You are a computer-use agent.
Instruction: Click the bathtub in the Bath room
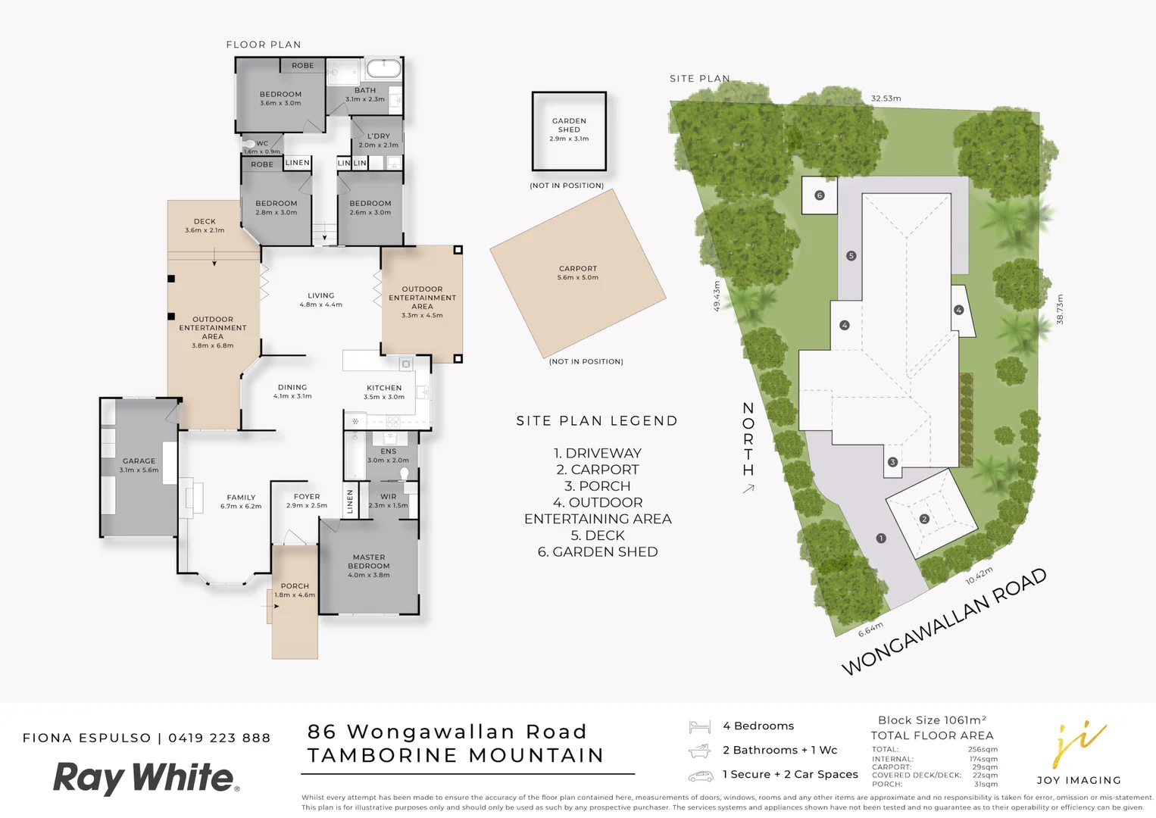click(383, 70)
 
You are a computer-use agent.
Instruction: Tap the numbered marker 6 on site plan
click(819, 195)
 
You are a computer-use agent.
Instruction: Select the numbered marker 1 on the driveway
click(880, 539)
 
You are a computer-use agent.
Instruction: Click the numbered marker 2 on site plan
click(924, 519)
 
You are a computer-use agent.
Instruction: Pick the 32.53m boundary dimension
click(886, 98)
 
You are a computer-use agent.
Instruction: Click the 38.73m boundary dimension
click(1060, 309)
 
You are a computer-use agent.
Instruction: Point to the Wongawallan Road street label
click(944, 621)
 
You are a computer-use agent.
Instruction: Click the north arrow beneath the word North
click(748, 489)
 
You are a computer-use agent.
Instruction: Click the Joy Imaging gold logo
click(1079, 745)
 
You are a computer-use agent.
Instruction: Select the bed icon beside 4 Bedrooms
click(699, 727)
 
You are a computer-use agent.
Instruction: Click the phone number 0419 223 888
click(220, 738)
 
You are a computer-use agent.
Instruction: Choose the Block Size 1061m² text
click(932, 720)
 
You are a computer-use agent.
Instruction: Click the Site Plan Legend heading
click(597, 421)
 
